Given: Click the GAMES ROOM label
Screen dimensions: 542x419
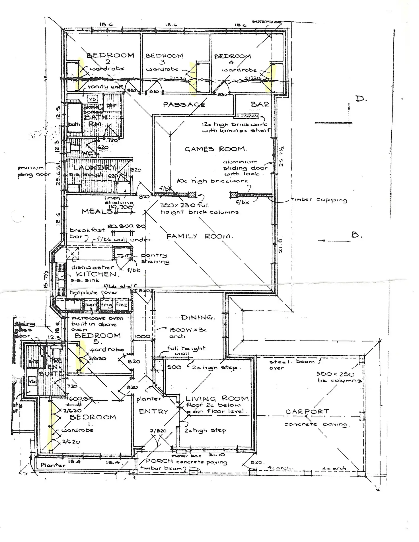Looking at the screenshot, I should coord(215,149).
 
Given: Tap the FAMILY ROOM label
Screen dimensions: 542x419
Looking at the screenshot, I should coord(199,236).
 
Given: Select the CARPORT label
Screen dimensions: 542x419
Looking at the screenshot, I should coord(307,411).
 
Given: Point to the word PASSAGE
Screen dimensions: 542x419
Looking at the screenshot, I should coord(184,105).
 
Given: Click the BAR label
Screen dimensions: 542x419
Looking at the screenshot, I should coord(260,104).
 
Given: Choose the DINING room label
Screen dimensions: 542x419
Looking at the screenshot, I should coord(198,317).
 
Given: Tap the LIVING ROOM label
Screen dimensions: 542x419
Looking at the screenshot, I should coord(217,398).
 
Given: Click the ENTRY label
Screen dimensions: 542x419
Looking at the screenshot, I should coord(153,411).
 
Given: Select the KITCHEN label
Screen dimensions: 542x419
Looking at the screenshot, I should coord(96,274).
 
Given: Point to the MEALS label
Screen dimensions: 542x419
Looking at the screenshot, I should coord(97,211).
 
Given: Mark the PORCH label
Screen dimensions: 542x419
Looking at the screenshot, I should coord(159,461).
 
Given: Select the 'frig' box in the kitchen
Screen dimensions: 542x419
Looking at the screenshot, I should coord(107,305).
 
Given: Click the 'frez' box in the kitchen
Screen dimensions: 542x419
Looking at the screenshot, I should coord(122,305).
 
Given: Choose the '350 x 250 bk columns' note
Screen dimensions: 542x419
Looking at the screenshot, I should coord(339,377).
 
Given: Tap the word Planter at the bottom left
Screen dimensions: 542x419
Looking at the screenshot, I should coord(53,465).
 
